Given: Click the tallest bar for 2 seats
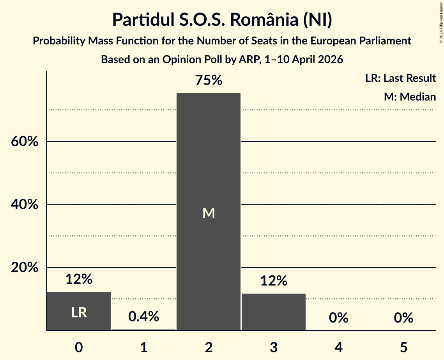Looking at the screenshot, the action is (209, 212).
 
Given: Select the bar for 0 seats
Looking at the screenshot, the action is (79, 311).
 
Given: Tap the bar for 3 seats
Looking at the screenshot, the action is (274, 312).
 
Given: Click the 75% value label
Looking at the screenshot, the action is (209, 80).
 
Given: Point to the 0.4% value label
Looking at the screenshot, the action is (143, 316).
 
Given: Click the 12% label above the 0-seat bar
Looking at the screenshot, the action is (79, 279).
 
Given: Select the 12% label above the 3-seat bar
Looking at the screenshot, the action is (274, 281).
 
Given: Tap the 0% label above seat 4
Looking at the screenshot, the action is (339, 318).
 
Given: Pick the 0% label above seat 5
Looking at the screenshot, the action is (403, 318).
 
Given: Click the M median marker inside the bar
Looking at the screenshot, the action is (209, 213).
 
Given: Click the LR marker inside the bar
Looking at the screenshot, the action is (79, 312).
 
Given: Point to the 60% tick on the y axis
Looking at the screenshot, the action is (25, 141).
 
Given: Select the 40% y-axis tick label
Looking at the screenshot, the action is (25, 204).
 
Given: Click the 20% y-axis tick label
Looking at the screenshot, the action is (25, 267).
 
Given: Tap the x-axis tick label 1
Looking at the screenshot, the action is (144, 348).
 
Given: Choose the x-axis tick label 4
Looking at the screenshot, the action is (339, 348).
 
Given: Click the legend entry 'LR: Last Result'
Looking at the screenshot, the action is (400, 78).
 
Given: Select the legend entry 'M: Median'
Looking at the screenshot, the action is (410, 97).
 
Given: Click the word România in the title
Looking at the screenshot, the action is (264, 19).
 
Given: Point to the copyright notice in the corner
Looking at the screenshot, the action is (441, 22).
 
